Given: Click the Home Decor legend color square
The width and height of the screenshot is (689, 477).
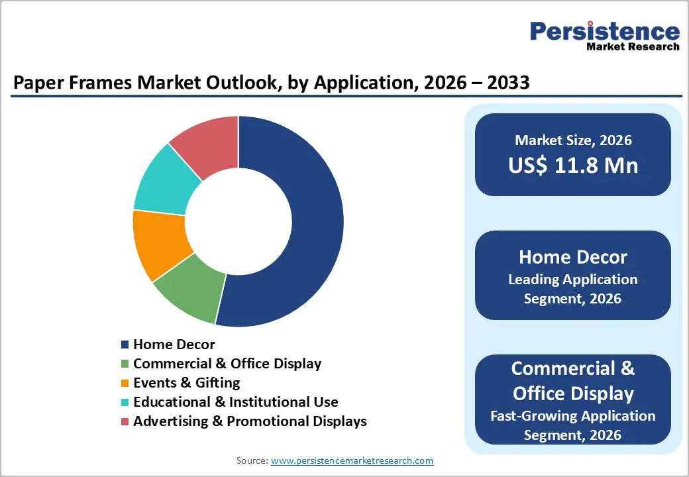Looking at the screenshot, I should tap(125, 344).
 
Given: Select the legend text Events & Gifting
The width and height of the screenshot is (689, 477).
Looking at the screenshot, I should tap(186, 383).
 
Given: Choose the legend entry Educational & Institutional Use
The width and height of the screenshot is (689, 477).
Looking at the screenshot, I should tap(235, 402).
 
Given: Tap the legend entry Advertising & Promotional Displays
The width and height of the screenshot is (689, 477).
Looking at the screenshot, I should tap(250, 421).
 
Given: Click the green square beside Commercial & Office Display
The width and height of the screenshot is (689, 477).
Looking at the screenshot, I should tap(125, 364).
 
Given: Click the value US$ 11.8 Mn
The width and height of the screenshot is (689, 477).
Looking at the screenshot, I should tap(573, 164).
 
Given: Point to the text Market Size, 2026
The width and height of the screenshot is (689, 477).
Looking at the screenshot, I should tap(573, 140).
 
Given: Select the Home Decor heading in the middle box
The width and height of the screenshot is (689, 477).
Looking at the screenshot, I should tap(573, 257).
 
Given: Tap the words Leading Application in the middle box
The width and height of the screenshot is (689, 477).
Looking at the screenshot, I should tap(573, 280).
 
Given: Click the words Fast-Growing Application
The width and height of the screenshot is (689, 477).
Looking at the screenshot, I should tap(573, 416).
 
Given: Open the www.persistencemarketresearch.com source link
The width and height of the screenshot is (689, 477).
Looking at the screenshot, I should tap(352, 460).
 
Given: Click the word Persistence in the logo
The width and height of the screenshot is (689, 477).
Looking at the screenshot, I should tap(604, 31).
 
